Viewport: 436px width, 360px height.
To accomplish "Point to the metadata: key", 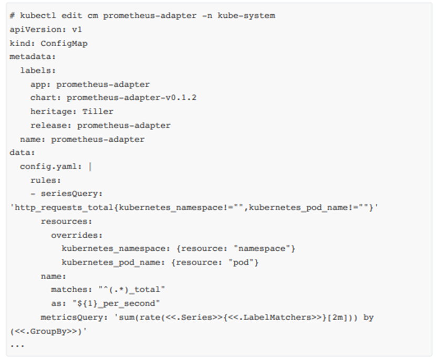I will [x=33, y=57].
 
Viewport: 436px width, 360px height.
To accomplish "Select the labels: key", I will [x=38, y=70].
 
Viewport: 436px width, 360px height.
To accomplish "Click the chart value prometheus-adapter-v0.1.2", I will [x=131, y=98].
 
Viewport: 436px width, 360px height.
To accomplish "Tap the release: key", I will [x=51, y=125].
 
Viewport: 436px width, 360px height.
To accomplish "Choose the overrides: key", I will [x=77, y=235].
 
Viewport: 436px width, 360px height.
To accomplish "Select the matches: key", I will [x=69, y=289].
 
